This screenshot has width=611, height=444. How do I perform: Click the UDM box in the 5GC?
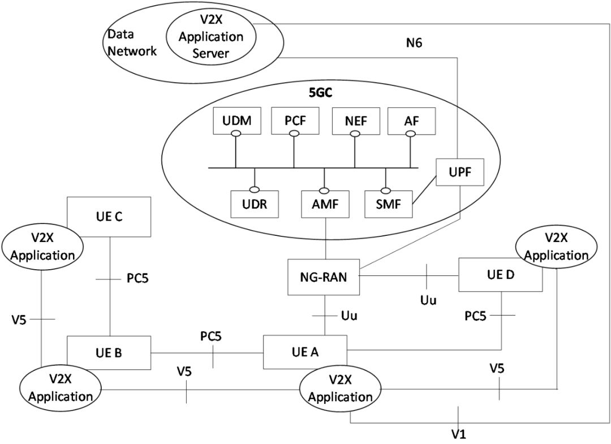click(234, 120)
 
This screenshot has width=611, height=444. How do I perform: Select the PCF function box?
click(294, 120)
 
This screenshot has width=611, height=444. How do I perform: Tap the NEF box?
click(355, 120)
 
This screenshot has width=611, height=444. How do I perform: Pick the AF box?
click(411, 120)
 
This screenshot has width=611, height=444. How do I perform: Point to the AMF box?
click(325, 204)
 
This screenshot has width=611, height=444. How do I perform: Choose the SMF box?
click(388, 204)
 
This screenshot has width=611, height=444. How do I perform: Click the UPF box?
click(460, 172)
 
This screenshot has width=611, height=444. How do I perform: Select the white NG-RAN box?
click(324, 277)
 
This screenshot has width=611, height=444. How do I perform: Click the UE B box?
click(109, 353)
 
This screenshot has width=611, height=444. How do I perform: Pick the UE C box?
click(109, 216)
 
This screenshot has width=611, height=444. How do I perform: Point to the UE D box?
click(500, 275)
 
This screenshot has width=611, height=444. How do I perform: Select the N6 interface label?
click(414, 44)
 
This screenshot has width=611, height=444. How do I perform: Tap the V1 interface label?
click(458, 434)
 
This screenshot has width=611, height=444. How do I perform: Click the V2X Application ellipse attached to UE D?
click(556, 247)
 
